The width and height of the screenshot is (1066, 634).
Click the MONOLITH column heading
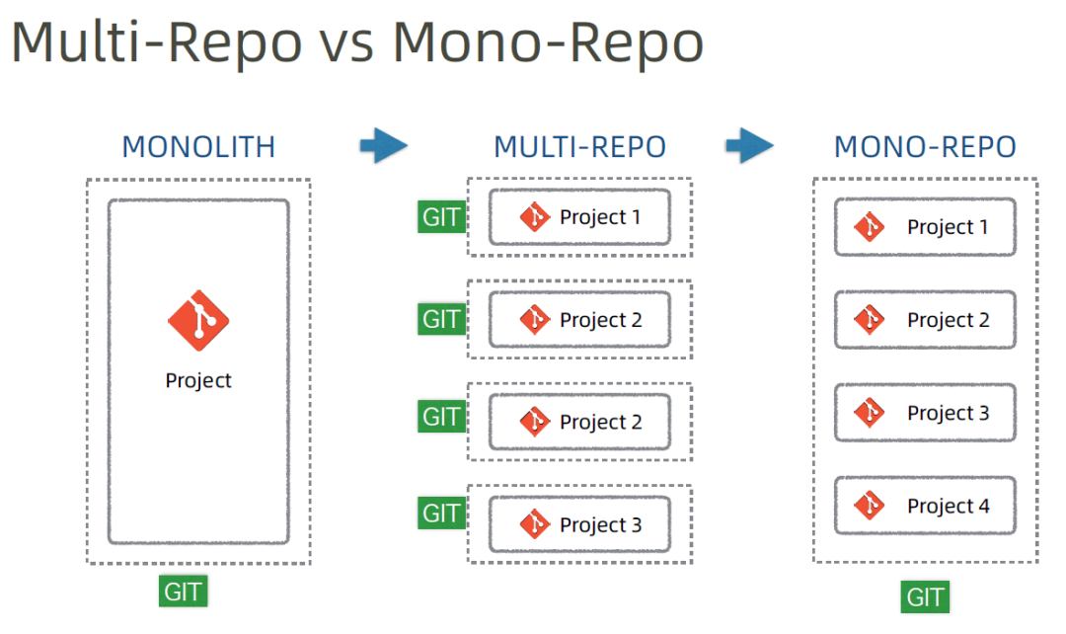[x=198, y=147]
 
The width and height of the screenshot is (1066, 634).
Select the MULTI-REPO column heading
[x=580, y=147]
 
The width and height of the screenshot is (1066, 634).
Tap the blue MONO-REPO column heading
[x=925, y=147]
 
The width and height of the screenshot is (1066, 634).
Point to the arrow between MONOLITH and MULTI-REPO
[x=384, y=145]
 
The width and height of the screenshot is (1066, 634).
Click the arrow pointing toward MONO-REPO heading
[x=750, y=145]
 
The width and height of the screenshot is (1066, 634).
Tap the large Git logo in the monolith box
[x=198, y=320]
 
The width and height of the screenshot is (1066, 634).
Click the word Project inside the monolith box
[x=198, y=381]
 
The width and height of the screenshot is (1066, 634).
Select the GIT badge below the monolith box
[x=183, y=592]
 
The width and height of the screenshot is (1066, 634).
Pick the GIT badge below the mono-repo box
[x=925, y=597]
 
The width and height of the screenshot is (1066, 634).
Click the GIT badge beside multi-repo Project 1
[x=441, y=217]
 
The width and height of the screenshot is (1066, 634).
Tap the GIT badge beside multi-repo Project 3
[x=441, y=514]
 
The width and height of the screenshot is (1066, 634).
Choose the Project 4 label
[x=949, y=506]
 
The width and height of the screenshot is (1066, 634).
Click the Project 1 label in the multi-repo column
[x=600, y=217]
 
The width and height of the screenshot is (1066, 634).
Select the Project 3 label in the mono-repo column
[x=949, y=413]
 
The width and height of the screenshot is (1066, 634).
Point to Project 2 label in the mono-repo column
[x=949, y=320]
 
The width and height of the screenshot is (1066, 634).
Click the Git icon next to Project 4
[x=870, y=506]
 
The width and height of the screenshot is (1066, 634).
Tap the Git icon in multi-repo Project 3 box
[x=535, y=523]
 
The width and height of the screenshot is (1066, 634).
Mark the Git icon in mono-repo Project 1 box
[x=870, y=226]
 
